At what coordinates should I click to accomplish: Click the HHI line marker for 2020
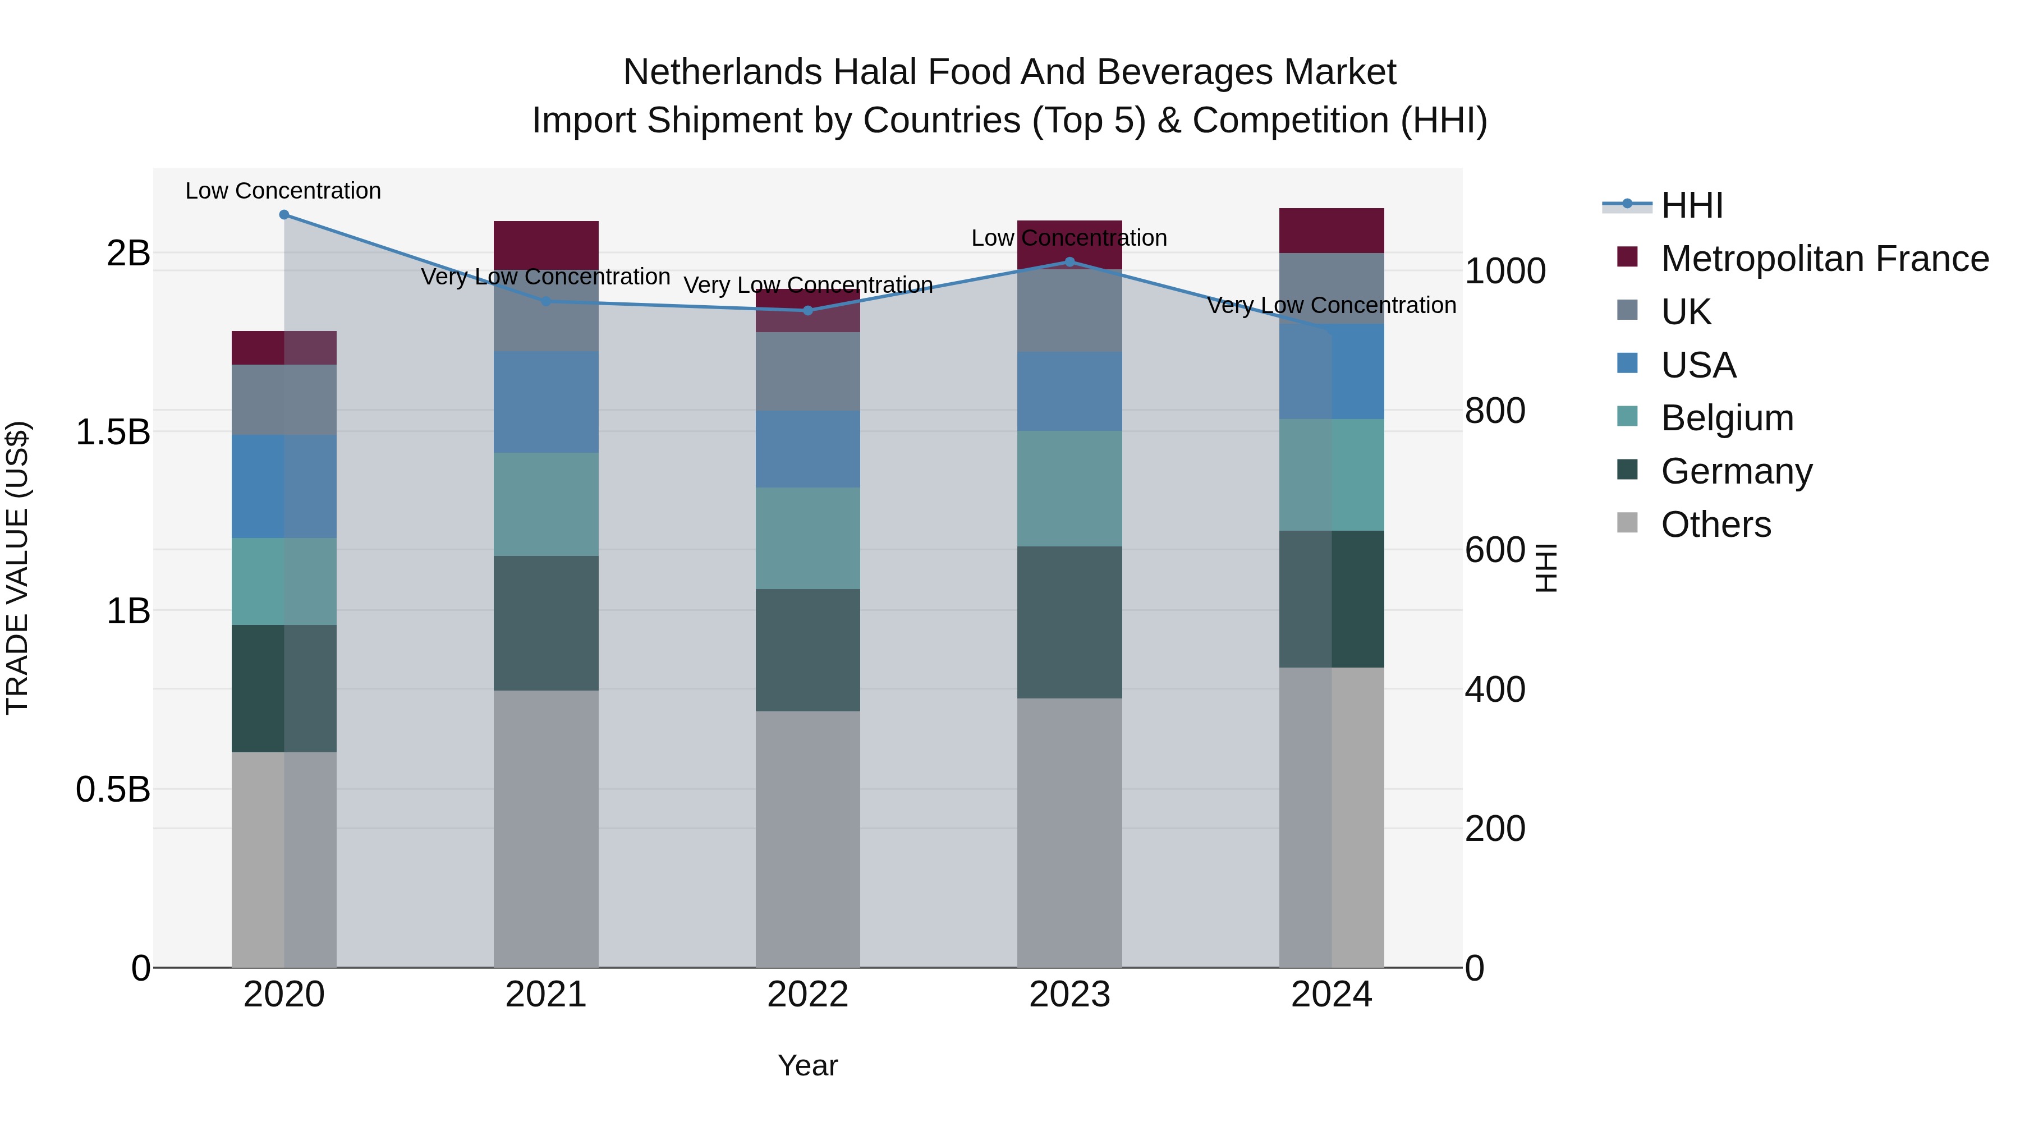(x=284, y=215)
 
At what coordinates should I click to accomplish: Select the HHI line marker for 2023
(x=1069, y=262)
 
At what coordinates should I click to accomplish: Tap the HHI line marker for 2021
(x=547, y=301)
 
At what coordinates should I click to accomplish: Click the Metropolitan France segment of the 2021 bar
(x=546, y=245)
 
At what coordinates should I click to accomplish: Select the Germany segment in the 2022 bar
(x=807, y=650)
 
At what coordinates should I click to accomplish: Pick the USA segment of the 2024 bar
(x=1332, y=371)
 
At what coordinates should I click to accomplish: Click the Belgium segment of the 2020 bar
(x=284, y=581)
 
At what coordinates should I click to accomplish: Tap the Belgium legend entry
(x=1726, y=418)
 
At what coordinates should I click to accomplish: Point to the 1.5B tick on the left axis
(x=112, y=432)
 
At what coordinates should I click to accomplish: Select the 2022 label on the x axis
(x=807, y=995)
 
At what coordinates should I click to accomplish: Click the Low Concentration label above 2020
(x=283, y=191)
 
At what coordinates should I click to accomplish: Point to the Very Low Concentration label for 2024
(x=1331, y=305)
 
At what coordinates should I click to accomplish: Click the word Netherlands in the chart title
(x=722, y=72)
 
